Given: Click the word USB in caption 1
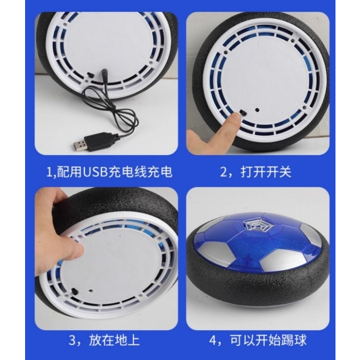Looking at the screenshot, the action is click(x=95, y=172).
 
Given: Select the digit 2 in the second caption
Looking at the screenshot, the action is click(x=224, y=172).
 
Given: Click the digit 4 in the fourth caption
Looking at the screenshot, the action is click(x=213, y=340).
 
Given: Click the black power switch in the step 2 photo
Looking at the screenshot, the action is click(x=243, y=113).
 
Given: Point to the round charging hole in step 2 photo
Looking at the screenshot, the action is click(x=258, y=110).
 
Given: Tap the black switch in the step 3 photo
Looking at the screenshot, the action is click(x=75, y=292).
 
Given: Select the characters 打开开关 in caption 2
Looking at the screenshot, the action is click(x=266, y=172).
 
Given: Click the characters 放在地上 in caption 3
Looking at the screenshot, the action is click(x=114, y=340).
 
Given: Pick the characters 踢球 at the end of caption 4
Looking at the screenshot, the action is click(x=294, y=340).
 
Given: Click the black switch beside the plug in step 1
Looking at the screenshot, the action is click(x=90, y=75).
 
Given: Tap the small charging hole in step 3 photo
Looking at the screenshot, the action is click(x=91, y=291).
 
